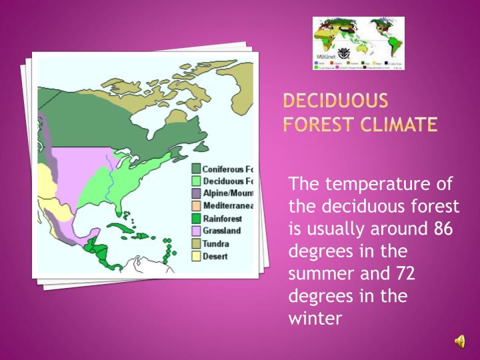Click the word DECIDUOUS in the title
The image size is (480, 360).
335,101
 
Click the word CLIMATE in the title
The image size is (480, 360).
398,124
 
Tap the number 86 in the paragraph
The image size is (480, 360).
443,229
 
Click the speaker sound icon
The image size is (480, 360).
460,341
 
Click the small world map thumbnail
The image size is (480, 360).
359,43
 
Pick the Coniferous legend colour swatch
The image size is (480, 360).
197,169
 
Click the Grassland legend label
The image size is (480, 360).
223,231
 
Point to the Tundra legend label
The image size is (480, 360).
217,243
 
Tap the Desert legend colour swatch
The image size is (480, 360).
197,255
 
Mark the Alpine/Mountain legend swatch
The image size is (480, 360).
197,193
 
